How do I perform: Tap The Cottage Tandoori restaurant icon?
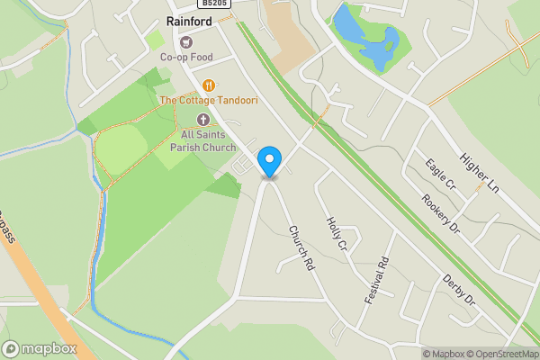click(209, 85)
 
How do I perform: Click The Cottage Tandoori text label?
click(209, 101)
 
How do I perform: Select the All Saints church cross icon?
click(203, 120)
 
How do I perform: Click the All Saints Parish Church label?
click(203, 140)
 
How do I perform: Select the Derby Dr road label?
click(458, 290)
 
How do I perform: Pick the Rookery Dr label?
click(439, 214)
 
